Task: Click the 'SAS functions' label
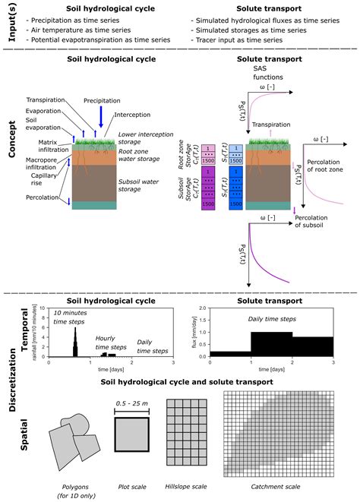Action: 270,72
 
